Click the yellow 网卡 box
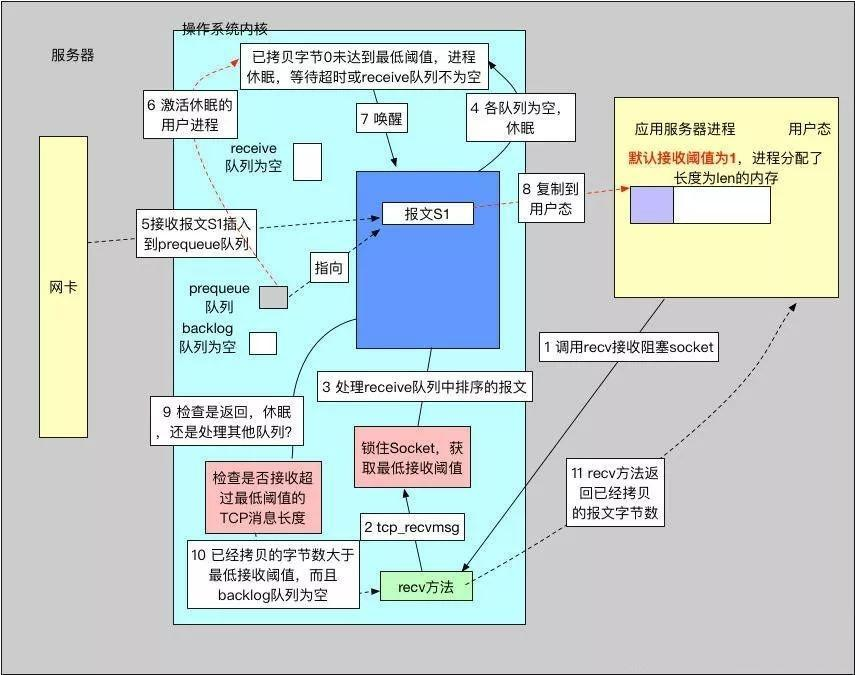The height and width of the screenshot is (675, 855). pyautogui.click(x=63, y=286)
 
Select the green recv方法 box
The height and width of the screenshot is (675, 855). pyautogui.click(x=425, y=587)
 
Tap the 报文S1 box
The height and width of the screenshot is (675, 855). pyautogui.click(x=426, y=213)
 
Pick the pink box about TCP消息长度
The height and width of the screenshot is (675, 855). pyautogui.click(x=262, y=497)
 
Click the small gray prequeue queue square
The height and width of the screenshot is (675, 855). pyautogui.click(x=273, y=296)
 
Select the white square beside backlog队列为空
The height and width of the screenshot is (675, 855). pyautogui.click(x=263, y=343)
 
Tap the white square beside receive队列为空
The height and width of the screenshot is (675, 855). pyautogui.click(x=307, y=161)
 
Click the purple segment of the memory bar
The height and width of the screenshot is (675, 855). pyautogui.click(x=651, y=205)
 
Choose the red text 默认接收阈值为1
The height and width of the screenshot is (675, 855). pyautogui.click(x=683, y=158)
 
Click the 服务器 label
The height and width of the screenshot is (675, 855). pyautogui.click(x=73, y=56)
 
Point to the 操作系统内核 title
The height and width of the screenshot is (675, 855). pyautogui.click(x=225, y=29)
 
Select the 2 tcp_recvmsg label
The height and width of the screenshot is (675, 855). pyautogui.click(x=405, y=527)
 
